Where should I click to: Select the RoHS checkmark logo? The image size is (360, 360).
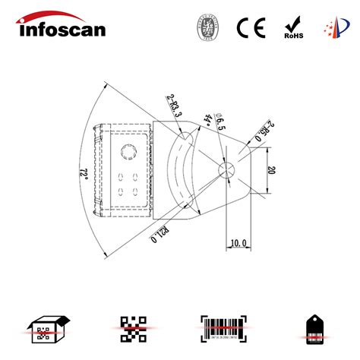[x=292, y=28]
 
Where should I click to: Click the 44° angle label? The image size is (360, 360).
[x=207, y=119]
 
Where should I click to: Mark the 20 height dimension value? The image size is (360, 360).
[x=270, y=171]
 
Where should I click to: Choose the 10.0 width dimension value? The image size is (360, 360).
[x=238, y=242]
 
